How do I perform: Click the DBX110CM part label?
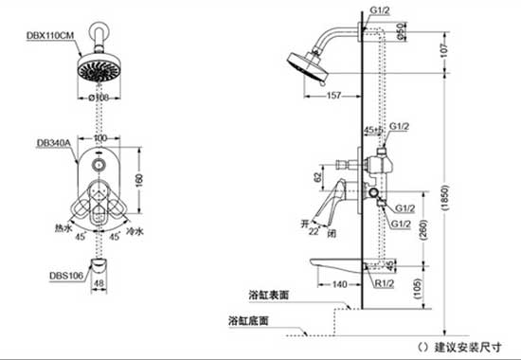pos(49,35)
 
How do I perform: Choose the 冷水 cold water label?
pos(135,230)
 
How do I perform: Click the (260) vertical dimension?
pos(419,227)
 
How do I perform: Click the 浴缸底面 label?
pos(248,319)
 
